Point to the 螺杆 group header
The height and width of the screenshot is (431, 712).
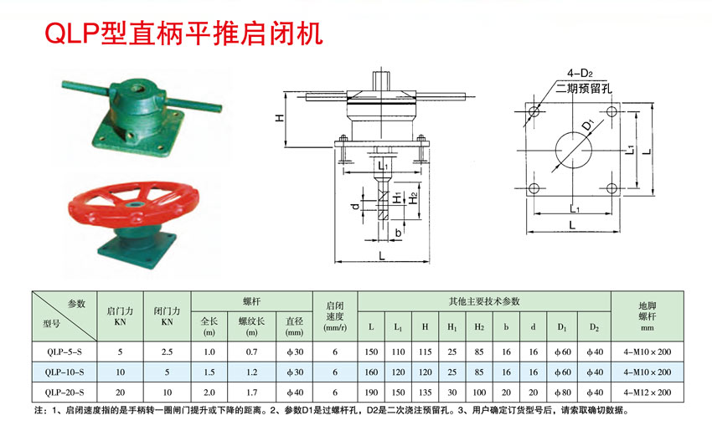251,300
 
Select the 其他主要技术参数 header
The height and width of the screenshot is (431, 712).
484,300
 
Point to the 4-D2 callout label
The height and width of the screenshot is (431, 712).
580,73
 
